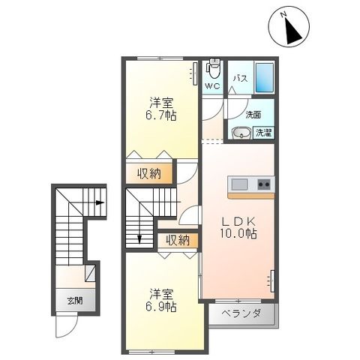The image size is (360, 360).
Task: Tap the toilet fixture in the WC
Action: [x=212, y=70]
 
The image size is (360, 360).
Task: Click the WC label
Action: [x=212, y=87]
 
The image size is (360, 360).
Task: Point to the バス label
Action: [x=239, y=78]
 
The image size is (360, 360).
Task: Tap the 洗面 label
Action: [x=253, y=115]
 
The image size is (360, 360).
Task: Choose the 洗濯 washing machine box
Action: [x=263, y=133]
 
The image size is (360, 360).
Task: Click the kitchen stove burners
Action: [x=264, y=184]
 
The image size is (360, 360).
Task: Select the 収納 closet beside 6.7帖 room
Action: [x=149, y=174]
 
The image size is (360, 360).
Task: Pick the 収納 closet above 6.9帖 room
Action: [x=178, y=240]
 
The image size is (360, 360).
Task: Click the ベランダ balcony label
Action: [x=241, y=313]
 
